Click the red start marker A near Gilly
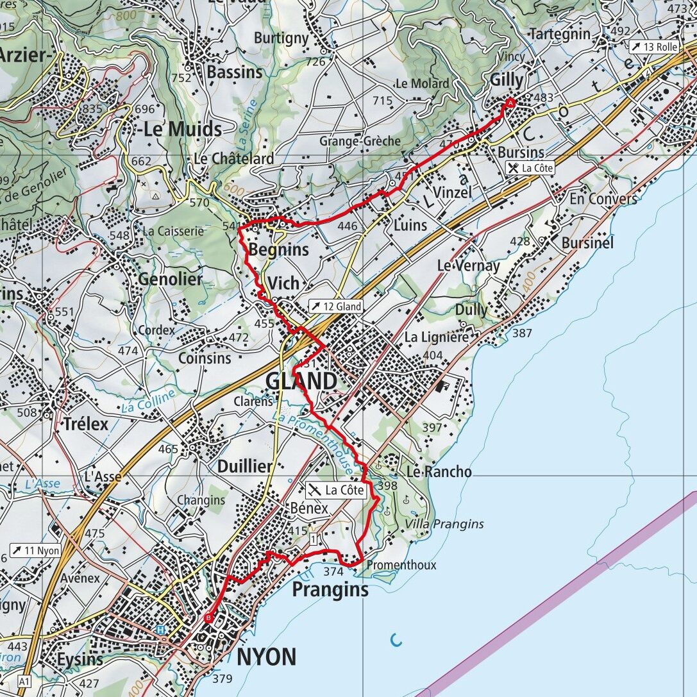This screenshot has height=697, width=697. click(x=510, y=103)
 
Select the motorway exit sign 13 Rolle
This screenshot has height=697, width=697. click(x=653, y=47)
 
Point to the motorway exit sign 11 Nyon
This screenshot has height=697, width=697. click(x=35, y=550)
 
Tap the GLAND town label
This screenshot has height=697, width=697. click(x=301, y=382)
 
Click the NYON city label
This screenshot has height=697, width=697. click(x=267, y=657)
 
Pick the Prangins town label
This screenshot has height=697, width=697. click(x=330, y=589)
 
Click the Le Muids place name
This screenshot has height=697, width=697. click(x=182, y=129)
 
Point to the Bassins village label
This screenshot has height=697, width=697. click(x=235, y=72)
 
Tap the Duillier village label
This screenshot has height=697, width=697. click(x=244, y=466)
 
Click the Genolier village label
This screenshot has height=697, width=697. click(x=170, y=280)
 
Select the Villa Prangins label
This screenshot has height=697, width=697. click(x=444, y=524)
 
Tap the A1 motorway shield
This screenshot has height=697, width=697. click(x=24, y=680)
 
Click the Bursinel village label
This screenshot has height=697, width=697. click(x=587, y=243)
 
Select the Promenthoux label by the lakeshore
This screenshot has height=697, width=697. click(x=401, y=565)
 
